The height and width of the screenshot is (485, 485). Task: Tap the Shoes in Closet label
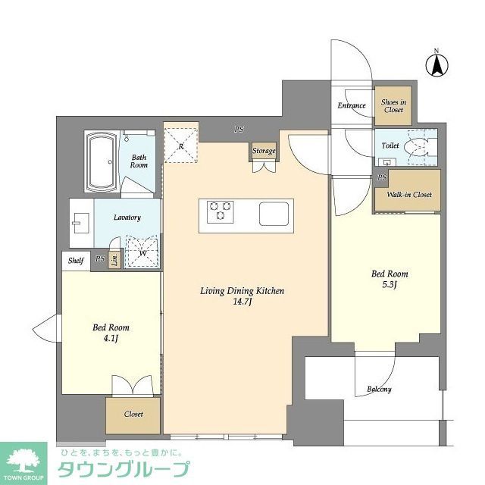point(393,106)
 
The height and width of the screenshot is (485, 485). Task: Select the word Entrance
point(352,106)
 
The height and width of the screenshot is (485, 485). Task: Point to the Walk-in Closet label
point(409,195)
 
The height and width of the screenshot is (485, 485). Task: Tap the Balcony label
point(379,390)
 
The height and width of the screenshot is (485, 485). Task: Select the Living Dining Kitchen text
point(241,290)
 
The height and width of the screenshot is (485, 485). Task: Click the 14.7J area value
point(241,303)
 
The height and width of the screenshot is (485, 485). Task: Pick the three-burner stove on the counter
point(221,211)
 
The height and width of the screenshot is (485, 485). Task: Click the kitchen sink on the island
point(275,213)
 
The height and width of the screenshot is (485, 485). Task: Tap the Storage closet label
point(264,152)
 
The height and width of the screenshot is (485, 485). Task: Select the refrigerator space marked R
point(180,144)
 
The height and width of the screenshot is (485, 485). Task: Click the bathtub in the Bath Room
point(100,164)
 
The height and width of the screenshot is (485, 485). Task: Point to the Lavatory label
point(127,217)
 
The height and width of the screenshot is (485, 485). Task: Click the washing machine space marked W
point(142,252)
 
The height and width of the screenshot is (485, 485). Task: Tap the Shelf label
point(76,260)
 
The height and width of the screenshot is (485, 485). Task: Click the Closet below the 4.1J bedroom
point(133,415)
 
